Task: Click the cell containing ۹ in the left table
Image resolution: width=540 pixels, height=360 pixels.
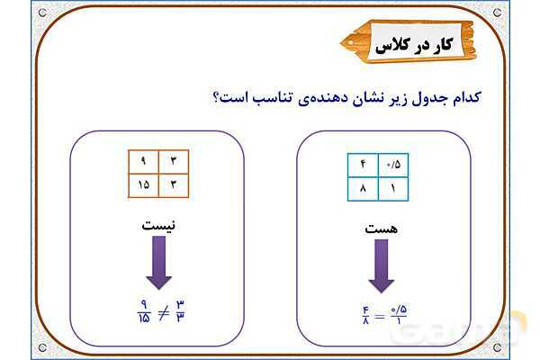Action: [142, 161]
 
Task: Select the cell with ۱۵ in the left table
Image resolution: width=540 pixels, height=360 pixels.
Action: [142, 184]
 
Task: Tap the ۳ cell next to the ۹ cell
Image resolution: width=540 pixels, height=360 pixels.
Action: [173, 161]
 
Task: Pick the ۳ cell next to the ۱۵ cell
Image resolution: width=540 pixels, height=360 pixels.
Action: [173, 184]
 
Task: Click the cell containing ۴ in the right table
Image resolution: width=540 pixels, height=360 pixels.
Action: [363, 166]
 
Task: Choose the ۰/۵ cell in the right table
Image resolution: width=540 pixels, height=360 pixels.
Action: [393, 166]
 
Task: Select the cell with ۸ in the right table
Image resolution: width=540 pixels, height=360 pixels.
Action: [363, 188]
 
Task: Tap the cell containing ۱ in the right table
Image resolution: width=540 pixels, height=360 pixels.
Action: [393, 188]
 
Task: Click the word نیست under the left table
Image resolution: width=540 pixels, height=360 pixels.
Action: [158, 224]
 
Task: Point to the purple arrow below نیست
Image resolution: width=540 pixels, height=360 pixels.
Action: [158, 265]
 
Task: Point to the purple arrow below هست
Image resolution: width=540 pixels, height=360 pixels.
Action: [380, 269]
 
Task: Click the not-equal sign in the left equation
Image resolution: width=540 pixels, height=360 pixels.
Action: [161, 313]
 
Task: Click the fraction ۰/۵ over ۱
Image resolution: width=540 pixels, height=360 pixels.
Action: [396, 318]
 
